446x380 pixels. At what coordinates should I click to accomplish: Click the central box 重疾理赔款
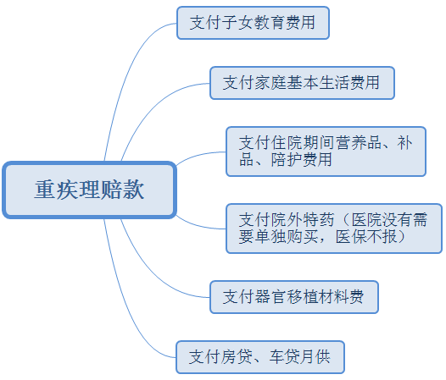pyautogui.click(x=89, y=190)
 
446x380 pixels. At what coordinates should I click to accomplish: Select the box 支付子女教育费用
pyautogui.click(x=253, y=23)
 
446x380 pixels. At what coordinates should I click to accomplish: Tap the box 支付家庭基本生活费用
pyautogui.click(x=302, y=83)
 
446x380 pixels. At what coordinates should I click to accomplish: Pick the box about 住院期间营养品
pyautogui.click(x=326, y=151)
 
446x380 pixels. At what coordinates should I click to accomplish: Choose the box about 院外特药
pyautogui.click(x=334, y=229)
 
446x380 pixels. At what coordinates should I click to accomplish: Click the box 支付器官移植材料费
pyautogui.click(x=294, y=297)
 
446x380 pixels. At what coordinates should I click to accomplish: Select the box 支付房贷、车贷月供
pyautogui.click(x=260, y=357)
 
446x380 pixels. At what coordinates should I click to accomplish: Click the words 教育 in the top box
pyautogui.click(x=269, y=23)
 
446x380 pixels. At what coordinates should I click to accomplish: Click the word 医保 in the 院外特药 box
pyautogui.click(x=351, y=236)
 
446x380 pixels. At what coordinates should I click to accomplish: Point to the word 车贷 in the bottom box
pyautogui.click(x=283, y=357)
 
